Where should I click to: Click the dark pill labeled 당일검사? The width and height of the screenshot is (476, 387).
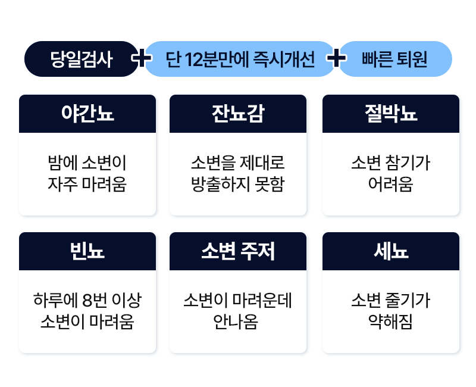(x=82, y=59)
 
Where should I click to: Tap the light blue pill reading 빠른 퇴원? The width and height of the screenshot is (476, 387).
(x=394, y=59)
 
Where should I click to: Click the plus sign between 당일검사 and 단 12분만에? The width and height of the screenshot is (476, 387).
(x=142, y=58)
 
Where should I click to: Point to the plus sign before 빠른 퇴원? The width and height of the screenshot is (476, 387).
(x=336, y=58)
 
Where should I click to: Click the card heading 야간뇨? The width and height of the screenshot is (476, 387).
(x=87, y=114)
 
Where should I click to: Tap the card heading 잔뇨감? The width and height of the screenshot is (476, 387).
(x=238, y=114)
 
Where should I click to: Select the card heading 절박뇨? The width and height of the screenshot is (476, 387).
(x=391, y=114)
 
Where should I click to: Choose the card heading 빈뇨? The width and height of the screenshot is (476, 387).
(x=87, y=251)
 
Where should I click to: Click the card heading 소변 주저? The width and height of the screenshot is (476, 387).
(x=238, y=251)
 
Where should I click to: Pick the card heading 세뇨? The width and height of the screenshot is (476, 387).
(x=391, y=251)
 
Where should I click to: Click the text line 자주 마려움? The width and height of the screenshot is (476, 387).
(x=87, y=185)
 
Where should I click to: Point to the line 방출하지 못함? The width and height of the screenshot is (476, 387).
(x=238, y=185)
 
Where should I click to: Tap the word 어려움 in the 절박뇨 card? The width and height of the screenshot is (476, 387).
(x=391, y=185)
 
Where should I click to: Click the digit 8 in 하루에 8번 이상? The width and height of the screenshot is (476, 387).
(x=87, y=301)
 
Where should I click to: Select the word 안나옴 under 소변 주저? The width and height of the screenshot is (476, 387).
(x=236, y=322)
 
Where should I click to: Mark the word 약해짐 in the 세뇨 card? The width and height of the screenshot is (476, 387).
(x=391, y=322)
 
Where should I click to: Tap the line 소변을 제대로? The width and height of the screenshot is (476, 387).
(x=238, y=163)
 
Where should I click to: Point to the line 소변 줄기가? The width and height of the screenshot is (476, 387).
(x=391, y=300)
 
